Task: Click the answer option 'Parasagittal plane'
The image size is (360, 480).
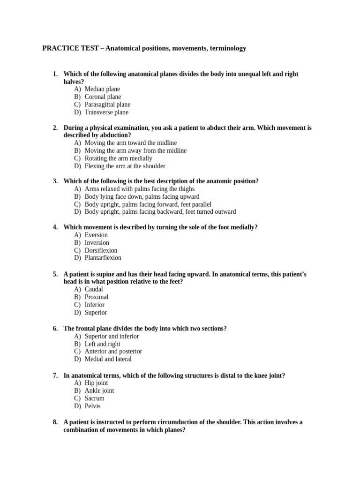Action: (107, 105)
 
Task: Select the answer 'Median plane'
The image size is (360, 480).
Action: (102, 89)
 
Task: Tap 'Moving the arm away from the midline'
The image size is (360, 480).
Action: (135, 150)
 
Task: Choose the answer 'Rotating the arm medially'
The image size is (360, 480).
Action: (118, 158)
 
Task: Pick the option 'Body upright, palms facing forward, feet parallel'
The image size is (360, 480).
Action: (148, 204)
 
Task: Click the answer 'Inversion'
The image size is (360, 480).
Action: (97, 243)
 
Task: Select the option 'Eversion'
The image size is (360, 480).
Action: (96, 235)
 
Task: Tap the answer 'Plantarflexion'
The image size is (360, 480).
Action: (103, 258)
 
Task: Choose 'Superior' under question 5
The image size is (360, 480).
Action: (96, 313)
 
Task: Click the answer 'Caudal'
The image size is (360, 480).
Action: (94, 289)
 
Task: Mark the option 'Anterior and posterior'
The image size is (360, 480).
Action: (113, 352)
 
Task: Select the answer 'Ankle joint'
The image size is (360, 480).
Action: (99, 390)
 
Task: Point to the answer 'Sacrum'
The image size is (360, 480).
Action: (94, 398)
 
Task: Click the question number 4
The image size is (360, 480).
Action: (55, 227)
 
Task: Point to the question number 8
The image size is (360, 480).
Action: (55, 422)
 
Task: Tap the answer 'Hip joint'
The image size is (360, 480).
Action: (96, 383)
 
